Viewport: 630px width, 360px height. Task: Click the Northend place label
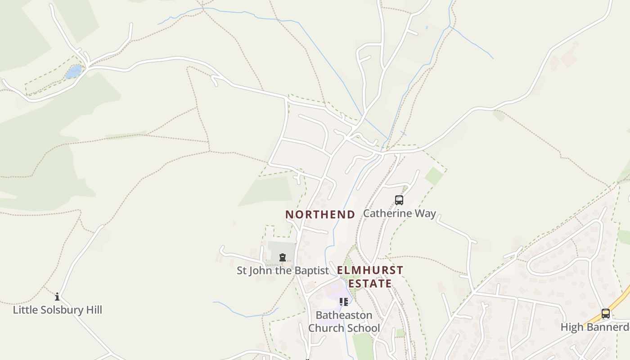coord(320,215)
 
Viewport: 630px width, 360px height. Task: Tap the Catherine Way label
coord(399,213)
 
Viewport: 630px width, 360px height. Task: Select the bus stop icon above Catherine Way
coord(399,200)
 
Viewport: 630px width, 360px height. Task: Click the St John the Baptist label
coord(283,270)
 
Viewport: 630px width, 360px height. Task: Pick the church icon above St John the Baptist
coord(282,257)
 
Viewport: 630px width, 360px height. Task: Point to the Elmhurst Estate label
coord(370,277)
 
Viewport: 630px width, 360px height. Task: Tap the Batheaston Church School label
coord(344,321)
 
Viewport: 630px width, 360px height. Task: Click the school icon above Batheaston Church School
coord(344,301)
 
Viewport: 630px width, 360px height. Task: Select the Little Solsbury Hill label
coord(57,310)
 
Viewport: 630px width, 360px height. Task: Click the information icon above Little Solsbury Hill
coord(57,297)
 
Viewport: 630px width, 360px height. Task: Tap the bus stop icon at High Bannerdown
coord(606,314)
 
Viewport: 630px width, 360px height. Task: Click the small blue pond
coord(73,72)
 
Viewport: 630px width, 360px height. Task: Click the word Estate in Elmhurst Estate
coord(370,284)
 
